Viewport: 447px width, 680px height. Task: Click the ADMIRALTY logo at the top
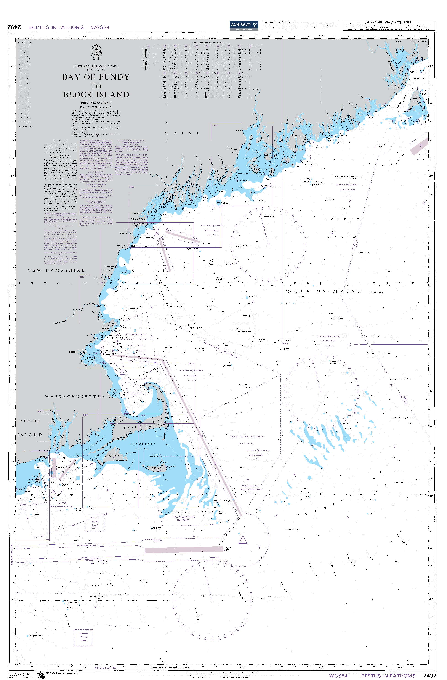pos(244,25)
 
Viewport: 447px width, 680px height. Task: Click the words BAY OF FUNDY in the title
pos(96,77)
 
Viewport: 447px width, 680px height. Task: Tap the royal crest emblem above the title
pos(96,52)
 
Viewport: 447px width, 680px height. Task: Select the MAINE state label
pos(182,133)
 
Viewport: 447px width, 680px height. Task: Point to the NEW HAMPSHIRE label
pos(56,270)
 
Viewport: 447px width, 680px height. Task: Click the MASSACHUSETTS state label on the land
pos(73,397)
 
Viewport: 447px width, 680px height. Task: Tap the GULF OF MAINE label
pos(324,291)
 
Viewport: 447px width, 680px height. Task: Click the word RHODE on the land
pos(30,421)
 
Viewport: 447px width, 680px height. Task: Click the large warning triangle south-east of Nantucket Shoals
pos(243,540)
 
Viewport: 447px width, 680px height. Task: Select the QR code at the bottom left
pos(41,675)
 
